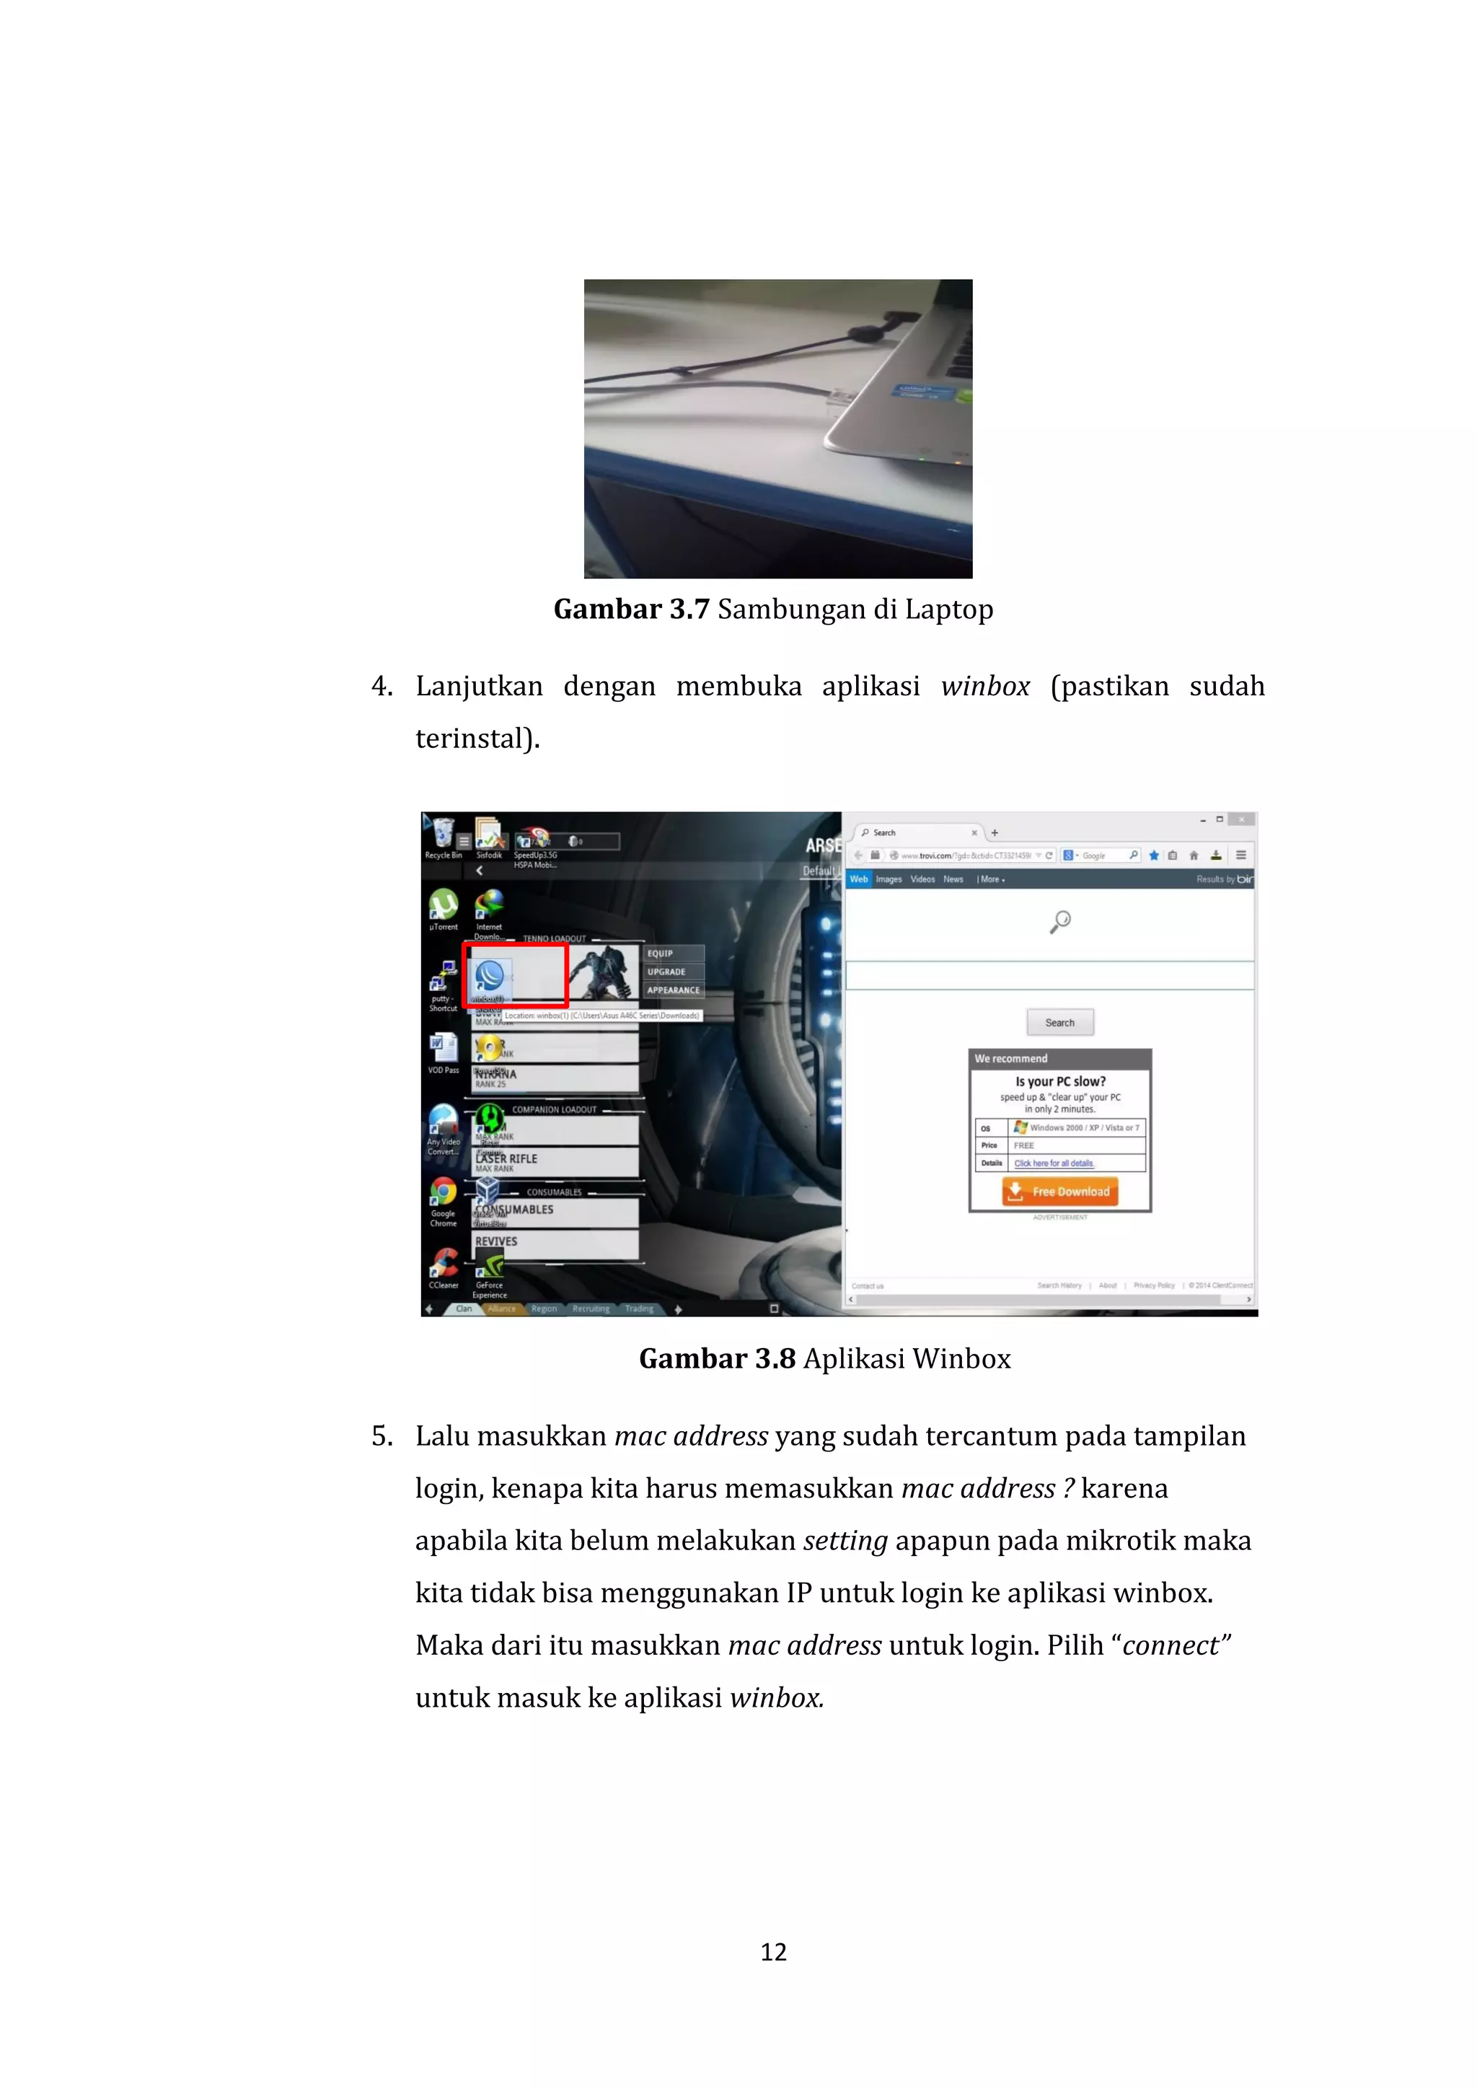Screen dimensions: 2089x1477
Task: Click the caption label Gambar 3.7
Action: coord(631,610)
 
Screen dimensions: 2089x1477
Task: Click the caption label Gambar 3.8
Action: coord(717,1358)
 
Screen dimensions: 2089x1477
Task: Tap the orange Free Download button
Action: coord(1059,1191)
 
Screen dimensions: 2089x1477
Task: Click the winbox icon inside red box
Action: coord(489,976)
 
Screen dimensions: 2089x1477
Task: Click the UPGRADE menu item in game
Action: coord(666,972)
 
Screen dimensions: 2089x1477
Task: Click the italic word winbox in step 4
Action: coord(985,687)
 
